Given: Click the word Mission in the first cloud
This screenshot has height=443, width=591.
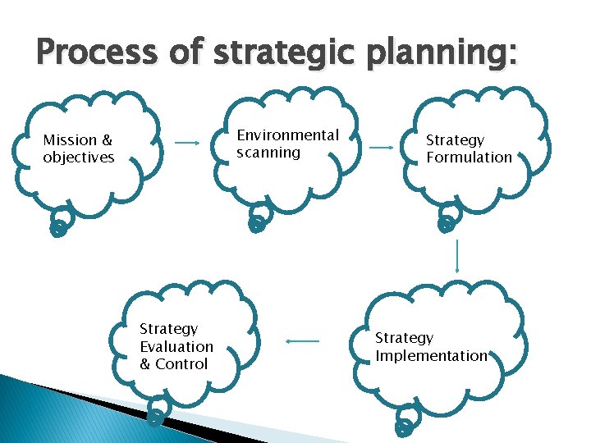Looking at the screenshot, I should click(x=71, y=140).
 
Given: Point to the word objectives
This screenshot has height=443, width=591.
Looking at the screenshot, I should click(x=79, y=158).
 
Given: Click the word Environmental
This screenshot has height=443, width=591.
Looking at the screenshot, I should click(x=287, y=135).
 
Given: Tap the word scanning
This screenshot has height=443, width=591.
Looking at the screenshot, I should click(x=268, y=153).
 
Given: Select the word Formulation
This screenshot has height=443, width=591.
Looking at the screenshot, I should click(x=469, y=158).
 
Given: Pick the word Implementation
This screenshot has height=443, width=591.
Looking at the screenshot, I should click(x=432, y=356).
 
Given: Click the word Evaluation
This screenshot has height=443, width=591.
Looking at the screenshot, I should click(x=176, y=347).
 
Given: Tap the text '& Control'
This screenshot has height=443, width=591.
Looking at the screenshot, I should click(x=174, y=364).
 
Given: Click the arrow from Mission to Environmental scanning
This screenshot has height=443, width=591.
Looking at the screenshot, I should click(x=187, y=143).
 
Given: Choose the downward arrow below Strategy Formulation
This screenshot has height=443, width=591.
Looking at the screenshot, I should click(x=457, y=256).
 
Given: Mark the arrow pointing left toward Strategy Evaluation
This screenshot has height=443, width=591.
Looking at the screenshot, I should click(x=303, y=340).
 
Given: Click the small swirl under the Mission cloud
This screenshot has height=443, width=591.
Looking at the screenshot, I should click(x=58, y=226).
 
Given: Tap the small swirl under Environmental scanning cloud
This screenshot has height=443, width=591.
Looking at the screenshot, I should click(x=257, y=222).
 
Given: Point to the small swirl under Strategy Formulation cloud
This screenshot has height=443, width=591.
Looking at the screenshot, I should click(x=447, y=222).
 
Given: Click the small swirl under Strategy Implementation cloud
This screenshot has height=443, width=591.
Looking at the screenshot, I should click(x=403, y=427).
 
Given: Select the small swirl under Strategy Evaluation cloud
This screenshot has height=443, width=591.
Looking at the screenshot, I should click(x=153, y=415).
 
